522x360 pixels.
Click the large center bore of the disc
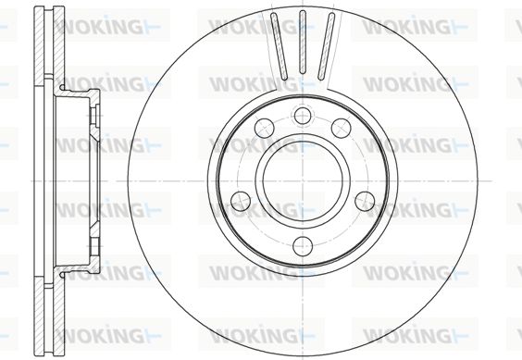tap(303, 180)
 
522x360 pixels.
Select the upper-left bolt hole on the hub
tap(265, 127)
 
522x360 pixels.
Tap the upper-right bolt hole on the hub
tap(341, 128)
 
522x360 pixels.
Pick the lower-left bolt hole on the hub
tap(241, 201)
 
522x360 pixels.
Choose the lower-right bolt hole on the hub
tap(365, 201)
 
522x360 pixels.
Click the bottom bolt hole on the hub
tap(303, 246)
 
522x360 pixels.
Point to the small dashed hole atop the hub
tap(303, 116)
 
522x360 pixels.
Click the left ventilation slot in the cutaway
tap(279, 46)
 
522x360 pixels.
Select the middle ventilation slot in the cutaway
tap(303, 42)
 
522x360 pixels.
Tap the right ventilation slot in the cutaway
tap(326, 46)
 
